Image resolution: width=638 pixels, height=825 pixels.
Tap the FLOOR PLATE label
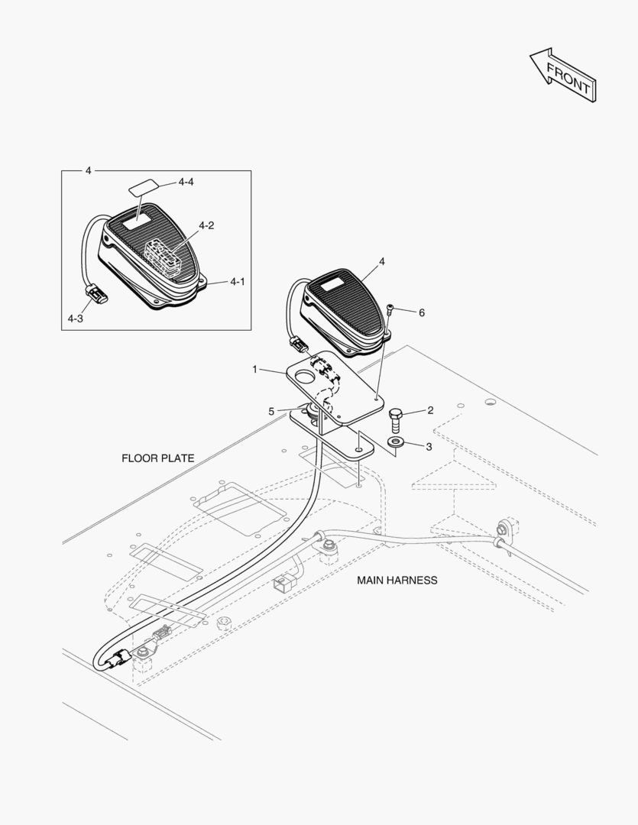click(x=157, y=458)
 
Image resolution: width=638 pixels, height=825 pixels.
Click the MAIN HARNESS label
click(x=397, y=581)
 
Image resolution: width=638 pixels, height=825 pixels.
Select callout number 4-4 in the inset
click(x=186, y=182)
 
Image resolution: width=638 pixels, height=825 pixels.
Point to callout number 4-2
click(x=206, y=225)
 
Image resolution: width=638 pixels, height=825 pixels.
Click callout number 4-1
click(x=238, y=282)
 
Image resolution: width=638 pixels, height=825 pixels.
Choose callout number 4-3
click(x=75, y=319)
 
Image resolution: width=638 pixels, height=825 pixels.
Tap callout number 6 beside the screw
click(x=421, y=312)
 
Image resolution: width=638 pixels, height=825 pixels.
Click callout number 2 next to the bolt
click(x=430, y=410)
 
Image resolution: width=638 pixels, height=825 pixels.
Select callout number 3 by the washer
click(x=429, y=446)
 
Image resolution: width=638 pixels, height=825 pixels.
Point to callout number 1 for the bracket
click(x=255, y=369)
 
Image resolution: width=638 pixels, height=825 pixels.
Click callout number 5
click(x=271, y=411)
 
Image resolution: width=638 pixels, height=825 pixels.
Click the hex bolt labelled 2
click(x=395, y=419)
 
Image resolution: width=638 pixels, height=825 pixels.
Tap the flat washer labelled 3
click(x=397, y=442)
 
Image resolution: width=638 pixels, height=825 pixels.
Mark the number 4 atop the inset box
click(x=89, y=170)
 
